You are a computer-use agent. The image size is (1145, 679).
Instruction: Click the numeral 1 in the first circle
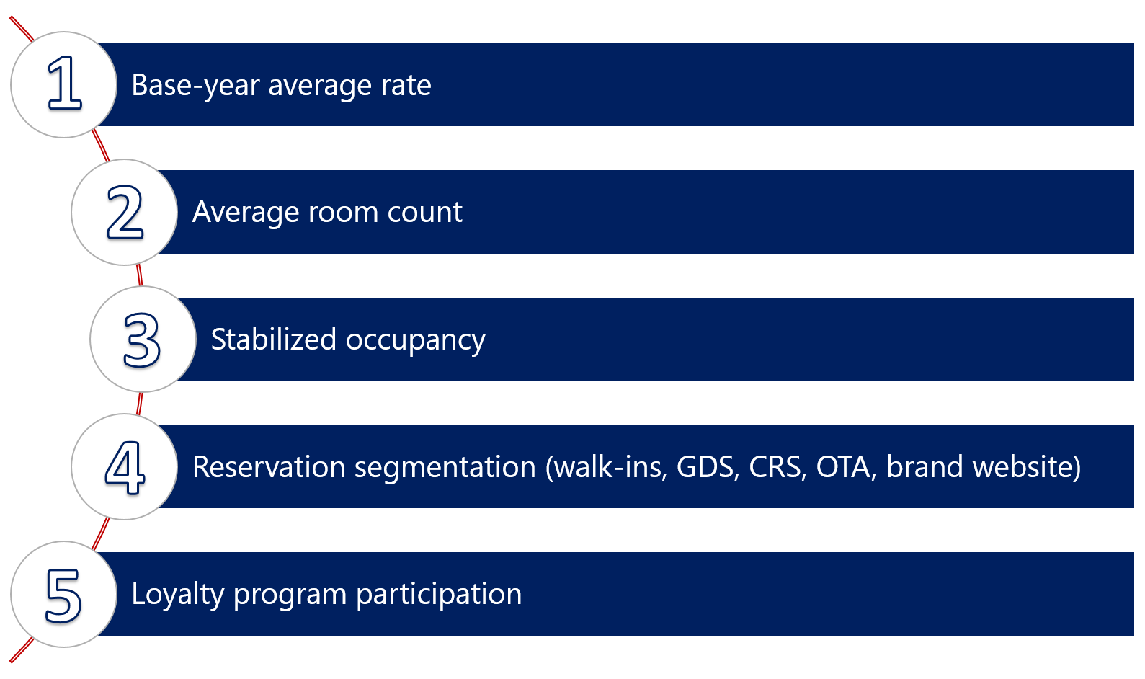[65, 84]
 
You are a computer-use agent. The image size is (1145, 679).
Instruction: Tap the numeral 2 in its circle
[125, 212]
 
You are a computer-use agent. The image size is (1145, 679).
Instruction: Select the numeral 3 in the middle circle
[142, 339]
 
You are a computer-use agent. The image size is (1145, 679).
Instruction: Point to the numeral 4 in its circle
[125, 467]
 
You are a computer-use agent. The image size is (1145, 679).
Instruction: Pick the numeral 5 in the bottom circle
[63, 595]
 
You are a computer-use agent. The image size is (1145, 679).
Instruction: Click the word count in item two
[424, 213]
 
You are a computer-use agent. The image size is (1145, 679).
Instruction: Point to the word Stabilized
[273, 339]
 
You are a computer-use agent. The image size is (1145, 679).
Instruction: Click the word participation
[439, 595]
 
